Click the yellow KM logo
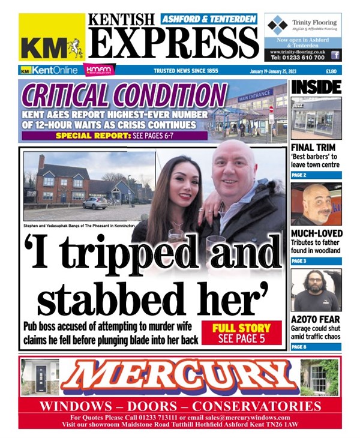(x=52, y=37)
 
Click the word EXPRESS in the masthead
(x=174, y=43)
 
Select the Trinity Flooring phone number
(x=298, y=58)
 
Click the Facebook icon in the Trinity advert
(x=335, y=55)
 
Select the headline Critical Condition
(x=123, y=95)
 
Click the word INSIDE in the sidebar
(x=316, y=87)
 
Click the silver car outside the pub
(x=95, y=203)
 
